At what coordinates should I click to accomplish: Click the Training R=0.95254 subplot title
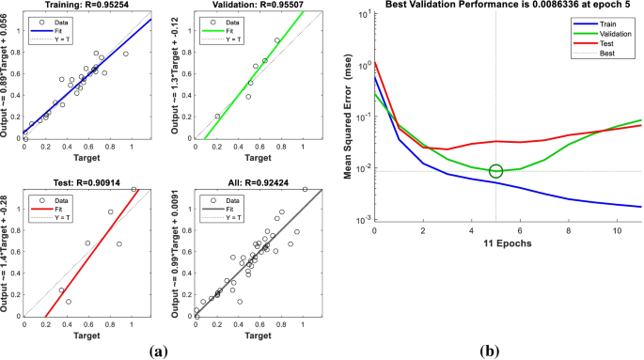coord(86,7)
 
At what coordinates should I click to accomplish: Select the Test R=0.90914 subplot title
coord(86,180)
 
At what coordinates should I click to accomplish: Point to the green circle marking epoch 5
coord(495,170)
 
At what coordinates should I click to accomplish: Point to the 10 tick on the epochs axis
coord(617,230)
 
